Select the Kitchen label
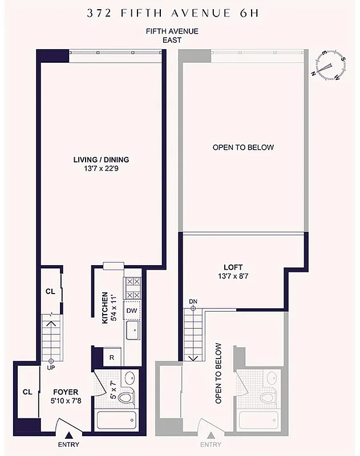click(x=105, y=308)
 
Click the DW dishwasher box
click(x=132, y=311)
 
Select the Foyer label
click(x=66, y=392)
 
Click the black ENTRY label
click(x=68, y=445)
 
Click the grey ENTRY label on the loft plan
click(x=211, y=445)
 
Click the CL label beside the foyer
click(x=27, y=392)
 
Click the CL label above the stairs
click(x=50, y=291)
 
